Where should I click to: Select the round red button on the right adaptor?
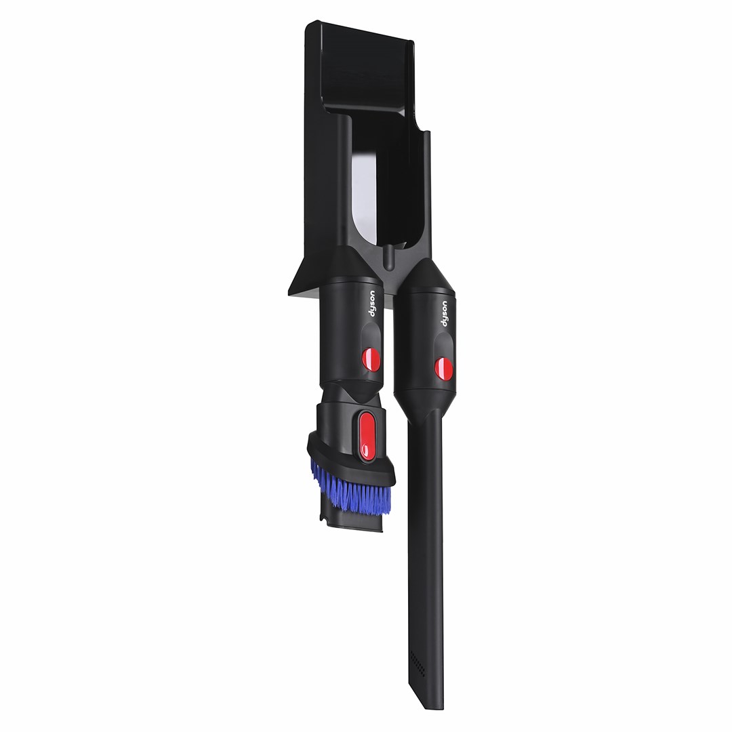click(x=443, y=368)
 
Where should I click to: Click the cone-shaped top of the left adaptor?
click(x=354, y=266)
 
